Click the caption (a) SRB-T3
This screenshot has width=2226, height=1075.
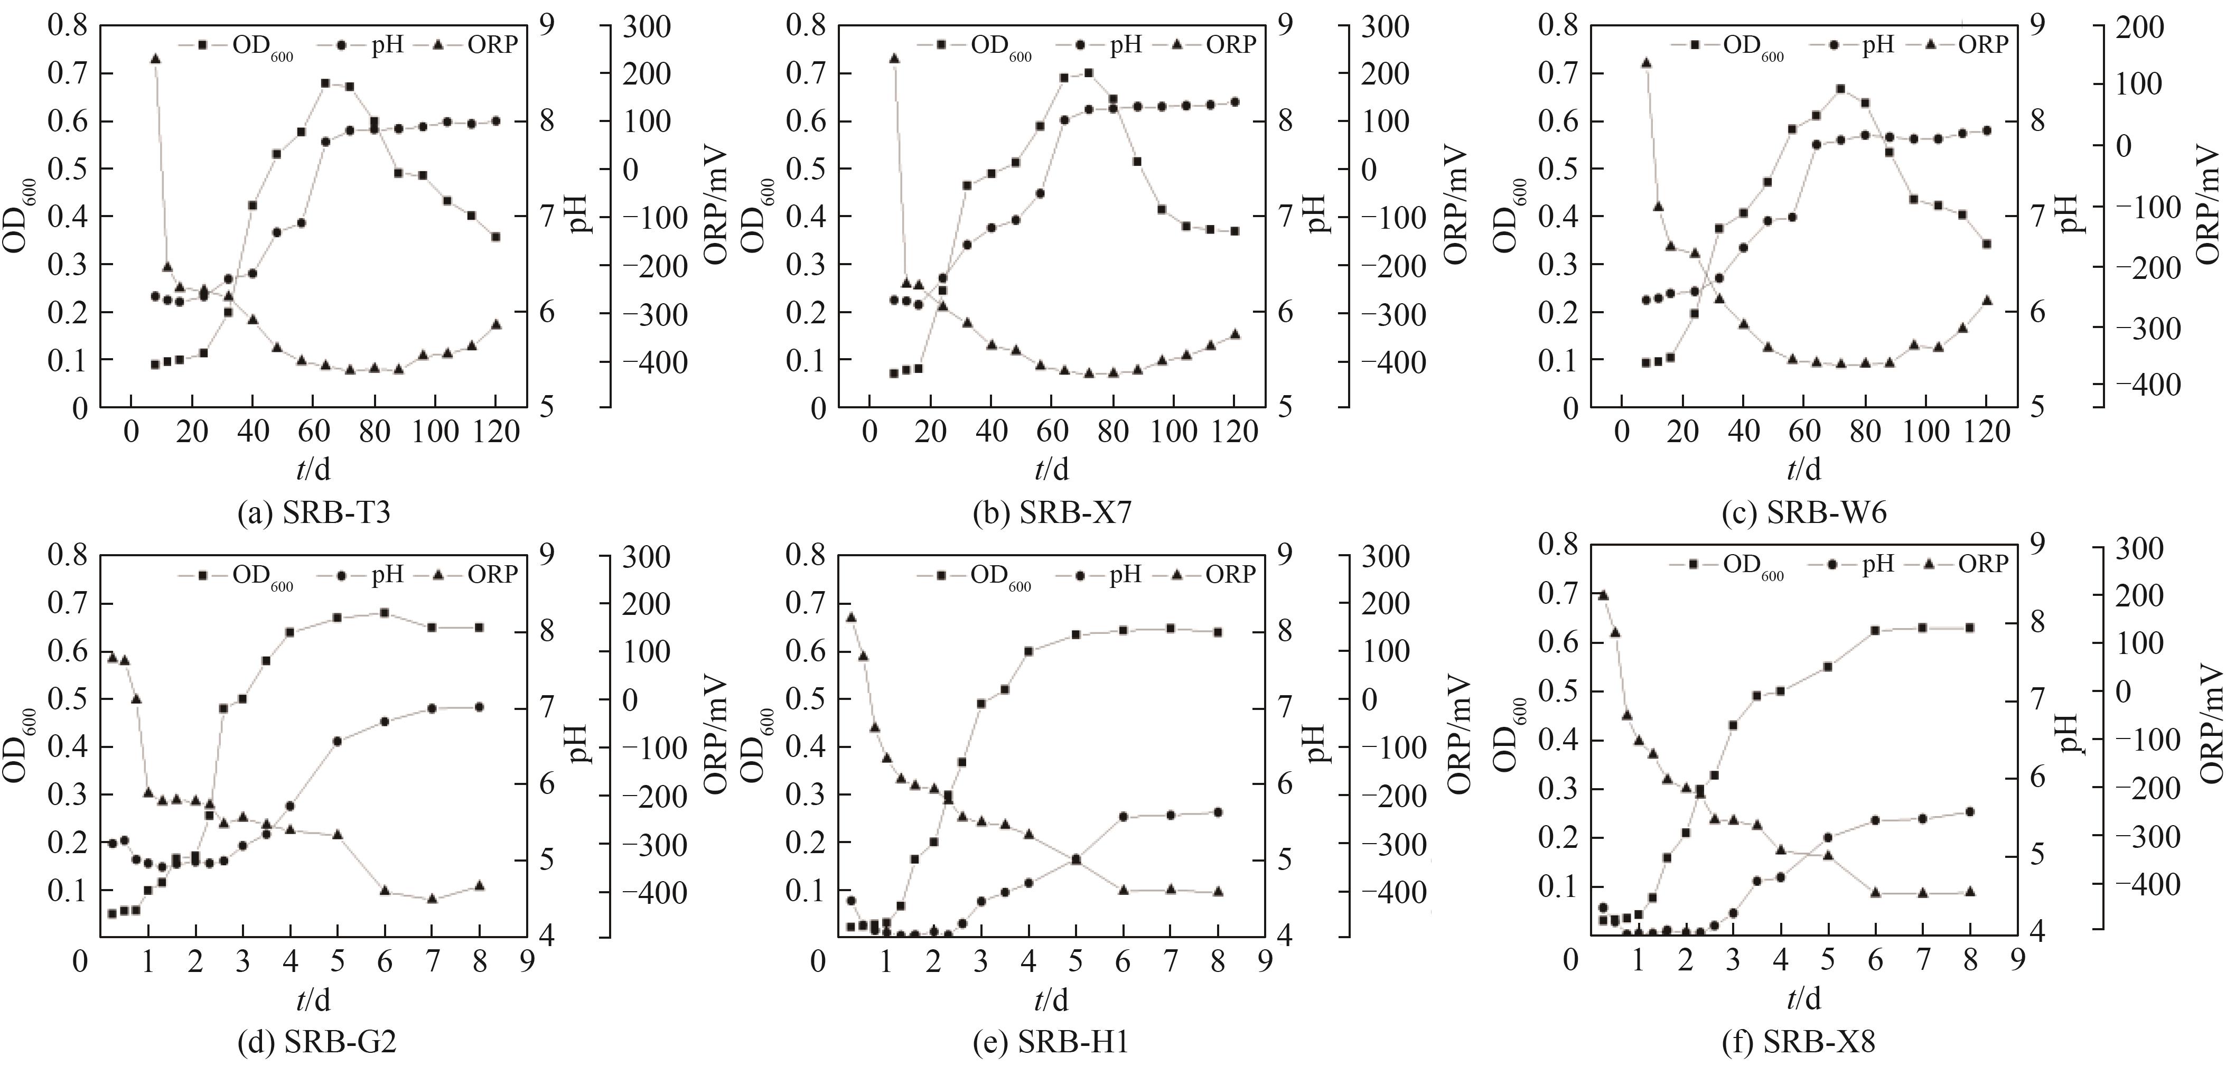tap(314, 513)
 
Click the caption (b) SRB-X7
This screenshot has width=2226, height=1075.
tap(1052, 513)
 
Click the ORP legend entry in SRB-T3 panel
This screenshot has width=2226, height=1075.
tap(480, 45)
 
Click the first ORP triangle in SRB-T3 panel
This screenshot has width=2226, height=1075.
tap(155, 59)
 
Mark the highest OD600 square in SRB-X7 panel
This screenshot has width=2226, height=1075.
tap(1089, 72)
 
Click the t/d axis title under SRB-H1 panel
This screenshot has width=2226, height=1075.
tap(1052, 1000)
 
